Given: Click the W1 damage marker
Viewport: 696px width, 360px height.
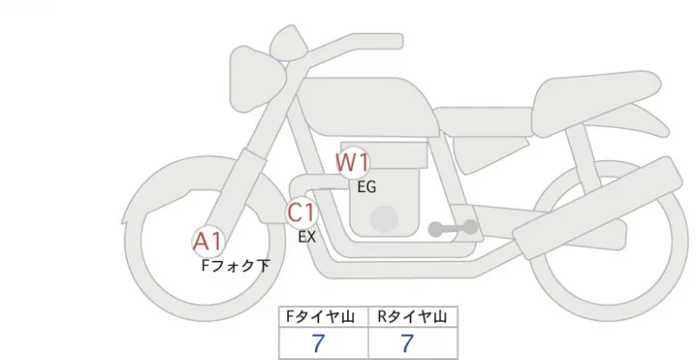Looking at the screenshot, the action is click(x=352, y=163).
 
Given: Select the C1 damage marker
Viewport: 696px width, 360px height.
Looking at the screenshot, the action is click(x=301, y=212).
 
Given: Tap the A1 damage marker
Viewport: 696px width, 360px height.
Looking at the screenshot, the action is click(x=208, y=242).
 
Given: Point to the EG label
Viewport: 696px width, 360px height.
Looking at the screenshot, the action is click(x=366, y=187).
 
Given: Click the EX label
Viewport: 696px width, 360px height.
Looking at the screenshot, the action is click(x=307, y=237).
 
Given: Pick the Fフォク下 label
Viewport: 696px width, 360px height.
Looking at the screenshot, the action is click(x=235, y=266).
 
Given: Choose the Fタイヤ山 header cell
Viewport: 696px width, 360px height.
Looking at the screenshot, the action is click(x=324, y=317).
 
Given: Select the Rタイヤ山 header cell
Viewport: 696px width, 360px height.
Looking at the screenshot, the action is click(x=412, y=317).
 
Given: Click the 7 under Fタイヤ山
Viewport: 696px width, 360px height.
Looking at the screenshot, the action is click(x=318, y=343).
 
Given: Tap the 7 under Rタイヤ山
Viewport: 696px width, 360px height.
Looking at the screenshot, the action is click(x=407, y=343).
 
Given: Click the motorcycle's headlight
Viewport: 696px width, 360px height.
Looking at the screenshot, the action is click(x=258, y=80).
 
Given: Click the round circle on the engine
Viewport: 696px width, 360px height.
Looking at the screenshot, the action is click(x=385, y=219).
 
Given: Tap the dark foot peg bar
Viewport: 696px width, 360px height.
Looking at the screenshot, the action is click(x=453, y=228).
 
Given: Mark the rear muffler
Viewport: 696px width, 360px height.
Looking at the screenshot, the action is click(x=597, y=201).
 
